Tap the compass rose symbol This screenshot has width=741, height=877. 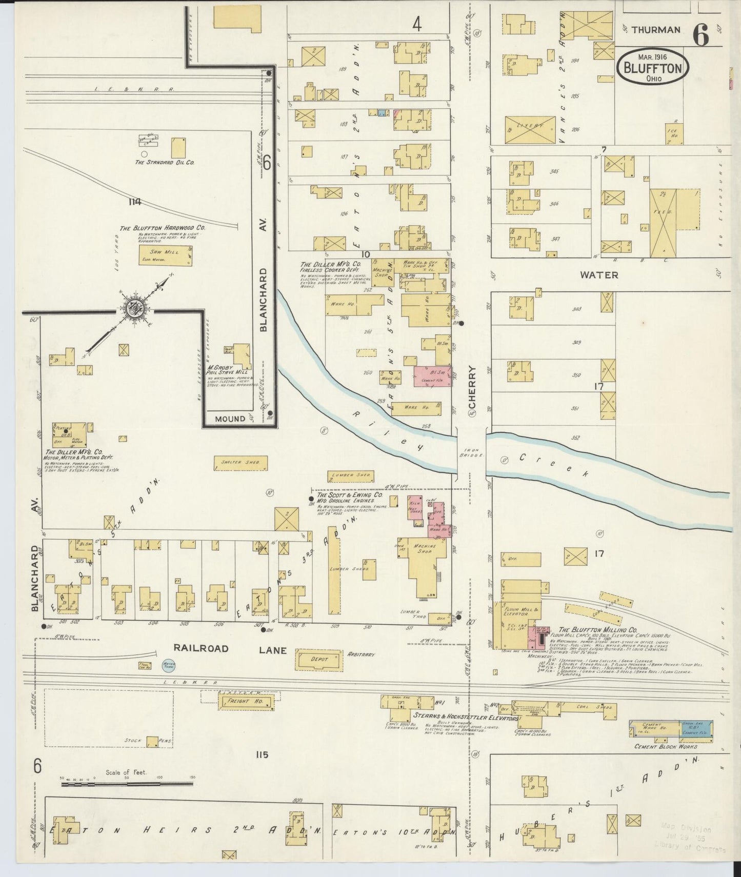click(x=135, y=309)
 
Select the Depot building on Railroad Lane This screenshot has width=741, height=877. click(x=319, y=659)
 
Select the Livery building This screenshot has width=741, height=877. click(x=530, y=130)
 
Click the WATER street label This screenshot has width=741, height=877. click(x=598, y=275)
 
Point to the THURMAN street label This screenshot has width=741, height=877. click(x=656, y=30)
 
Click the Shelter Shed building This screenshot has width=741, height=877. click(x=241, y=463)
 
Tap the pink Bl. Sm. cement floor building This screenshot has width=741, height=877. click(x=433, y=376)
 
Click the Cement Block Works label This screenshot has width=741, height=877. click(x=665, y=746)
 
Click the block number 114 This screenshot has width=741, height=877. click(x=135, y=202)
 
